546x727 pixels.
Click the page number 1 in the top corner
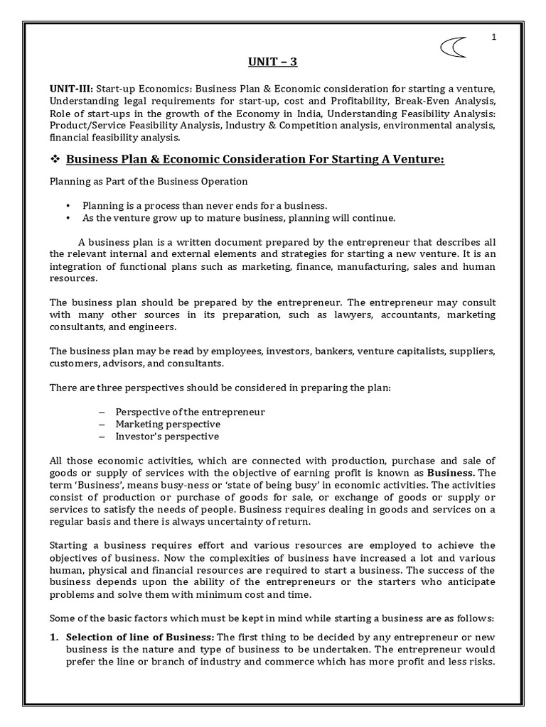point(493,37)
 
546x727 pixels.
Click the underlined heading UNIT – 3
point(273,62)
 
